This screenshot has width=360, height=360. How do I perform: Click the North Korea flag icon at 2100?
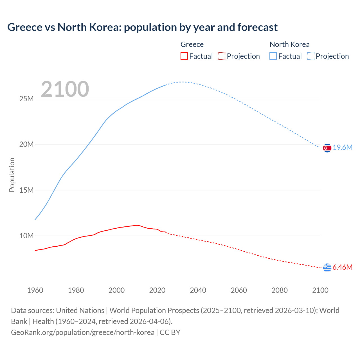(327, 148)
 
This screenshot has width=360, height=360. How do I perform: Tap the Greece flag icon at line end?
(327, 267)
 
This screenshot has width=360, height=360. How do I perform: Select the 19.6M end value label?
(343, 148)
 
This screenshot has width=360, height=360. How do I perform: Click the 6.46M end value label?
(343, 267)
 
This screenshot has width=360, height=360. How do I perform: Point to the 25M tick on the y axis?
(26, 99)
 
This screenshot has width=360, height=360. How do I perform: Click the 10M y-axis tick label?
(26, 236)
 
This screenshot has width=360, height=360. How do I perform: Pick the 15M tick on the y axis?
(26, 190)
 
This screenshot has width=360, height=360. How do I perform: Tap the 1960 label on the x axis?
(35, 290)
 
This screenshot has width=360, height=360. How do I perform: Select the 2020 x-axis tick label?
(157, 290)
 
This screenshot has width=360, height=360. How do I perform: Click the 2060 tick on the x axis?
(239, 290)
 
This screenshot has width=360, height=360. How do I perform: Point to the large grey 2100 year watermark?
(65, 89)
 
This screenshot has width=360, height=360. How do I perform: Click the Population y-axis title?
(12, 175)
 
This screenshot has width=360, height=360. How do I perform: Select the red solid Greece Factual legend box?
(184, 56)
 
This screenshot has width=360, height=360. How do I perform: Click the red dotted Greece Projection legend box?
(222, 56)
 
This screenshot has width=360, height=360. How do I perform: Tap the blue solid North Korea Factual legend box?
(273, 56)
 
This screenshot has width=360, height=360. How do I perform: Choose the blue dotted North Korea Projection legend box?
(311, 56)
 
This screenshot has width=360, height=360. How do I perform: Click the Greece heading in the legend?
(192, 44)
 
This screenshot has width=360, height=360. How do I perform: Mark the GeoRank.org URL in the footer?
(83, 332)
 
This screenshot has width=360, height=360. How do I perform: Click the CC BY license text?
(170, 332)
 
